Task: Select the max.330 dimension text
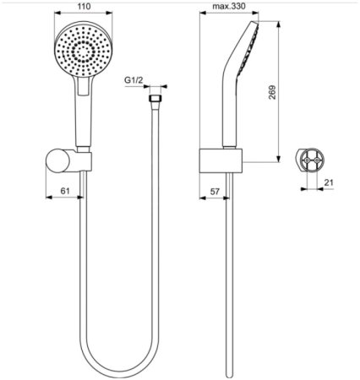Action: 227,7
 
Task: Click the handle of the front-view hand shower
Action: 84,118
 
